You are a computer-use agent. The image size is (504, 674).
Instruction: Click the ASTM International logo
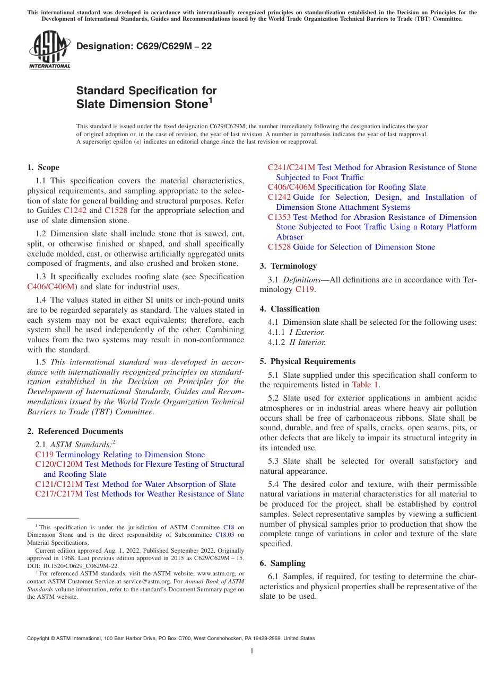click(49, 50)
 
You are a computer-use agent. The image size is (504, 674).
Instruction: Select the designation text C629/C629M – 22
click(144, 47)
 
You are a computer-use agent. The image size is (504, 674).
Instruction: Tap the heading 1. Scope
click(43, 167)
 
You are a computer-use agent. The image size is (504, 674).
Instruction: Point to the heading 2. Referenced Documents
click(75, 431)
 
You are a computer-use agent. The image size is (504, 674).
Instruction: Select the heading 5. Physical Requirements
click(308, 361)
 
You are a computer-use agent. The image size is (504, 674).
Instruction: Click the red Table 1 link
click(365, 385)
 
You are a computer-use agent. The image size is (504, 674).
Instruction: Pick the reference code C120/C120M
click(59, 465)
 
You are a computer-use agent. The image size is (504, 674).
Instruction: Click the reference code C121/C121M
click(59, 484)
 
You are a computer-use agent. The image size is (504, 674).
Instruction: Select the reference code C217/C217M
click(59, 494)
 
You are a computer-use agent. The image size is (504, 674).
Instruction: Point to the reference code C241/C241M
click(291, 168)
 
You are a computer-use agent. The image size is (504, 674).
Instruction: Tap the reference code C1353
click(279, 217)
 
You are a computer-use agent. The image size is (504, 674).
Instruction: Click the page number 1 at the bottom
click(252, 651)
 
